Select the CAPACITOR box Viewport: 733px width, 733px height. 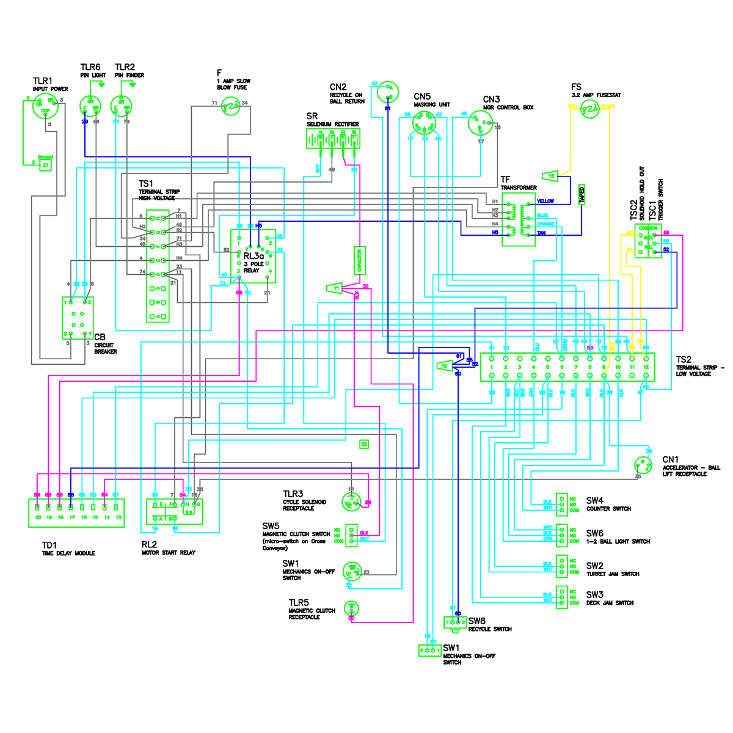coord(360,261)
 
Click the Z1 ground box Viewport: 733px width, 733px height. coord(46,165)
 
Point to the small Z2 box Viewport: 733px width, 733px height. coord(364,444)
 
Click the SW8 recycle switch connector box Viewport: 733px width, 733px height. coord(455,622)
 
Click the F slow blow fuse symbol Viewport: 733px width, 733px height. coord(232,108)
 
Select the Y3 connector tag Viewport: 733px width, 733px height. coord(550,176)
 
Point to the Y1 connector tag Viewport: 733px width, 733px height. coord(334,288)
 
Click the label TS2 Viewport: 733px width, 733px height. coord(684,360)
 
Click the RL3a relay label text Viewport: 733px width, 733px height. coord(253,256)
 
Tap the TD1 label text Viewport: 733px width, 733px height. coord(49,545)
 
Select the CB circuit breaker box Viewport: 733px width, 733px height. coord(78,318)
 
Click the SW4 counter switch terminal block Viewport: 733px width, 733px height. coord(561,504)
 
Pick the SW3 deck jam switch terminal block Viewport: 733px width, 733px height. coord(561,597)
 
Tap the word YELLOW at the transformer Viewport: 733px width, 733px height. coord(545,201)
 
